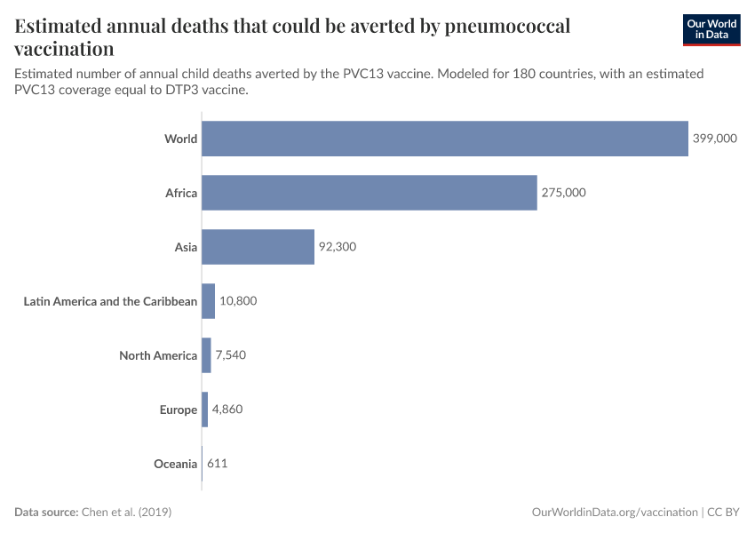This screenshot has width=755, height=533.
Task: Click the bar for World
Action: (x=444, y=139)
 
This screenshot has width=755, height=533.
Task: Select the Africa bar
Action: (x=369, y=193)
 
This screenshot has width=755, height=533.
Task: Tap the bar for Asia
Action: (x=258, y=247)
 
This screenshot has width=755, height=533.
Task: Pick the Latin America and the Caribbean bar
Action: (x=209, y=301)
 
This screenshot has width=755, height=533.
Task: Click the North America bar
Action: (x=206, y=355)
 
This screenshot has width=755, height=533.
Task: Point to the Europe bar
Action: (x=205, y=410)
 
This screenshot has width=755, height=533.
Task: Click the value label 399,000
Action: (x=714, y=139)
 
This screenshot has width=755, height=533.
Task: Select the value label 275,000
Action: (x=563, y=193)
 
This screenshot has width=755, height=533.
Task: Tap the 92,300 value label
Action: (x=338, y=247)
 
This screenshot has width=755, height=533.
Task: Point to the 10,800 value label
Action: (x=238, y=301)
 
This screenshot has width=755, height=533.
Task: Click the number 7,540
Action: (x=230, y=355)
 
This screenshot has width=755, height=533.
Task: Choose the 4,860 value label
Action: (x=226, y=410)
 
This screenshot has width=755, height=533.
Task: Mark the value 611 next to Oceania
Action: (x=218, y=464)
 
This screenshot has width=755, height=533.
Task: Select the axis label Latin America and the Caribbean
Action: (x=110, y=301)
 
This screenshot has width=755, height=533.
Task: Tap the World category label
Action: (x=180, y=139)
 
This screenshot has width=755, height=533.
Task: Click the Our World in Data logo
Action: (x=711, y=29)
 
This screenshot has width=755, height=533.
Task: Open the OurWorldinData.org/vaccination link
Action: (x=614, y=513)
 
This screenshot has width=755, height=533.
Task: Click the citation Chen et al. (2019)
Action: (x=126, y=513)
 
